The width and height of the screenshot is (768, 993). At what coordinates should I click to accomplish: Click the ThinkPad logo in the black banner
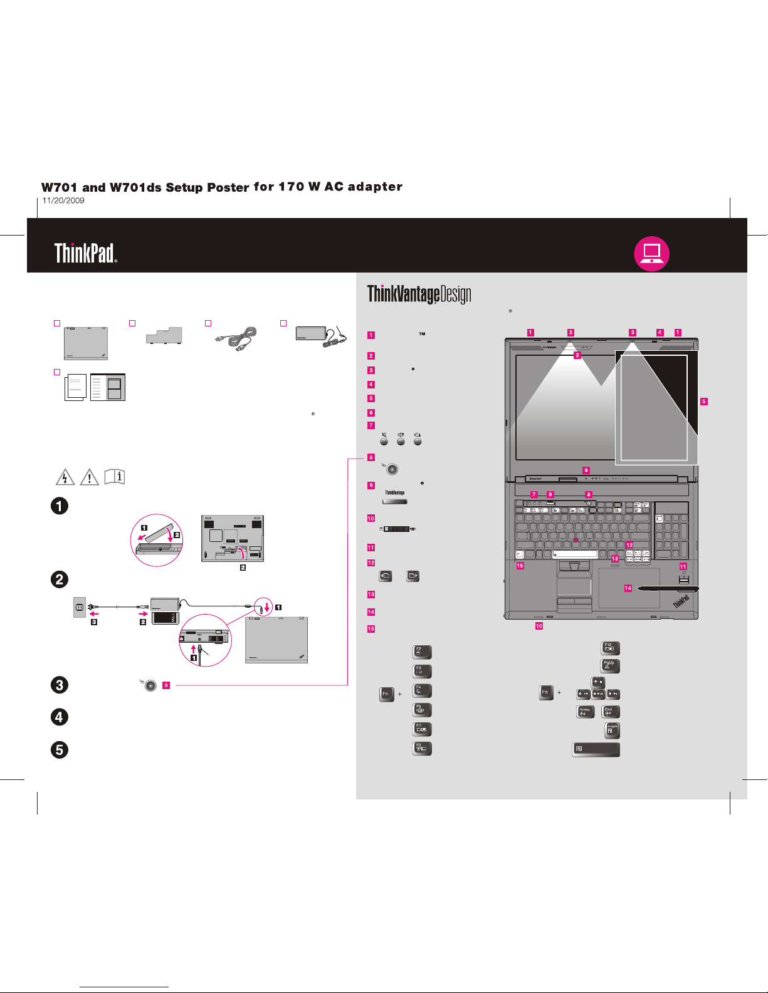click(x=85, y=253)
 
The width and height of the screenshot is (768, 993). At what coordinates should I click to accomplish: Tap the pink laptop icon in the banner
click(x=652, y=253)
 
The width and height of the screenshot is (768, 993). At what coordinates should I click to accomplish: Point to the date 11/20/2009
click(x=63, y=200)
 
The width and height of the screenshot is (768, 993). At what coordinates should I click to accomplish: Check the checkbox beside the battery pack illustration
click(x=132, y=323)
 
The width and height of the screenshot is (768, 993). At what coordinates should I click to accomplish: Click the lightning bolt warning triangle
click(x=65, y=478)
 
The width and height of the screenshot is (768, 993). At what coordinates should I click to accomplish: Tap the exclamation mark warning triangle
click(x=90, y=478)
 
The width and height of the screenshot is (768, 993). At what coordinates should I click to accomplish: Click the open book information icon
click(x=115, y=477)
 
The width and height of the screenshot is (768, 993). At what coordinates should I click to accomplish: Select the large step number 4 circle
click(x=60, y=717)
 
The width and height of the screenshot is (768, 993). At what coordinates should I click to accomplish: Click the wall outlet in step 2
click(x=80, y=607)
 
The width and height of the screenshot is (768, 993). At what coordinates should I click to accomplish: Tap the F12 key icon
click(x=610, y=648)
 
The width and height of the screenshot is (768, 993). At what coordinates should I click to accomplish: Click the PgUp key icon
click(x=610, y=666)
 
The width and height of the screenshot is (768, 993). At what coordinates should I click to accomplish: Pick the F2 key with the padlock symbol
click(x=422, y=652)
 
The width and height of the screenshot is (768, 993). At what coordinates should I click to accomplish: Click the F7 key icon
click(x=422, y=729)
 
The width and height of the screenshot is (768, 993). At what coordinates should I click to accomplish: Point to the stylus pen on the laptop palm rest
click(x=667, y=589)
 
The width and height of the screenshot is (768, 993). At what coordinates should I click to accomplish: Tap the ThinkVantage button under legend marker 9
click(x=395, y=502)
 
